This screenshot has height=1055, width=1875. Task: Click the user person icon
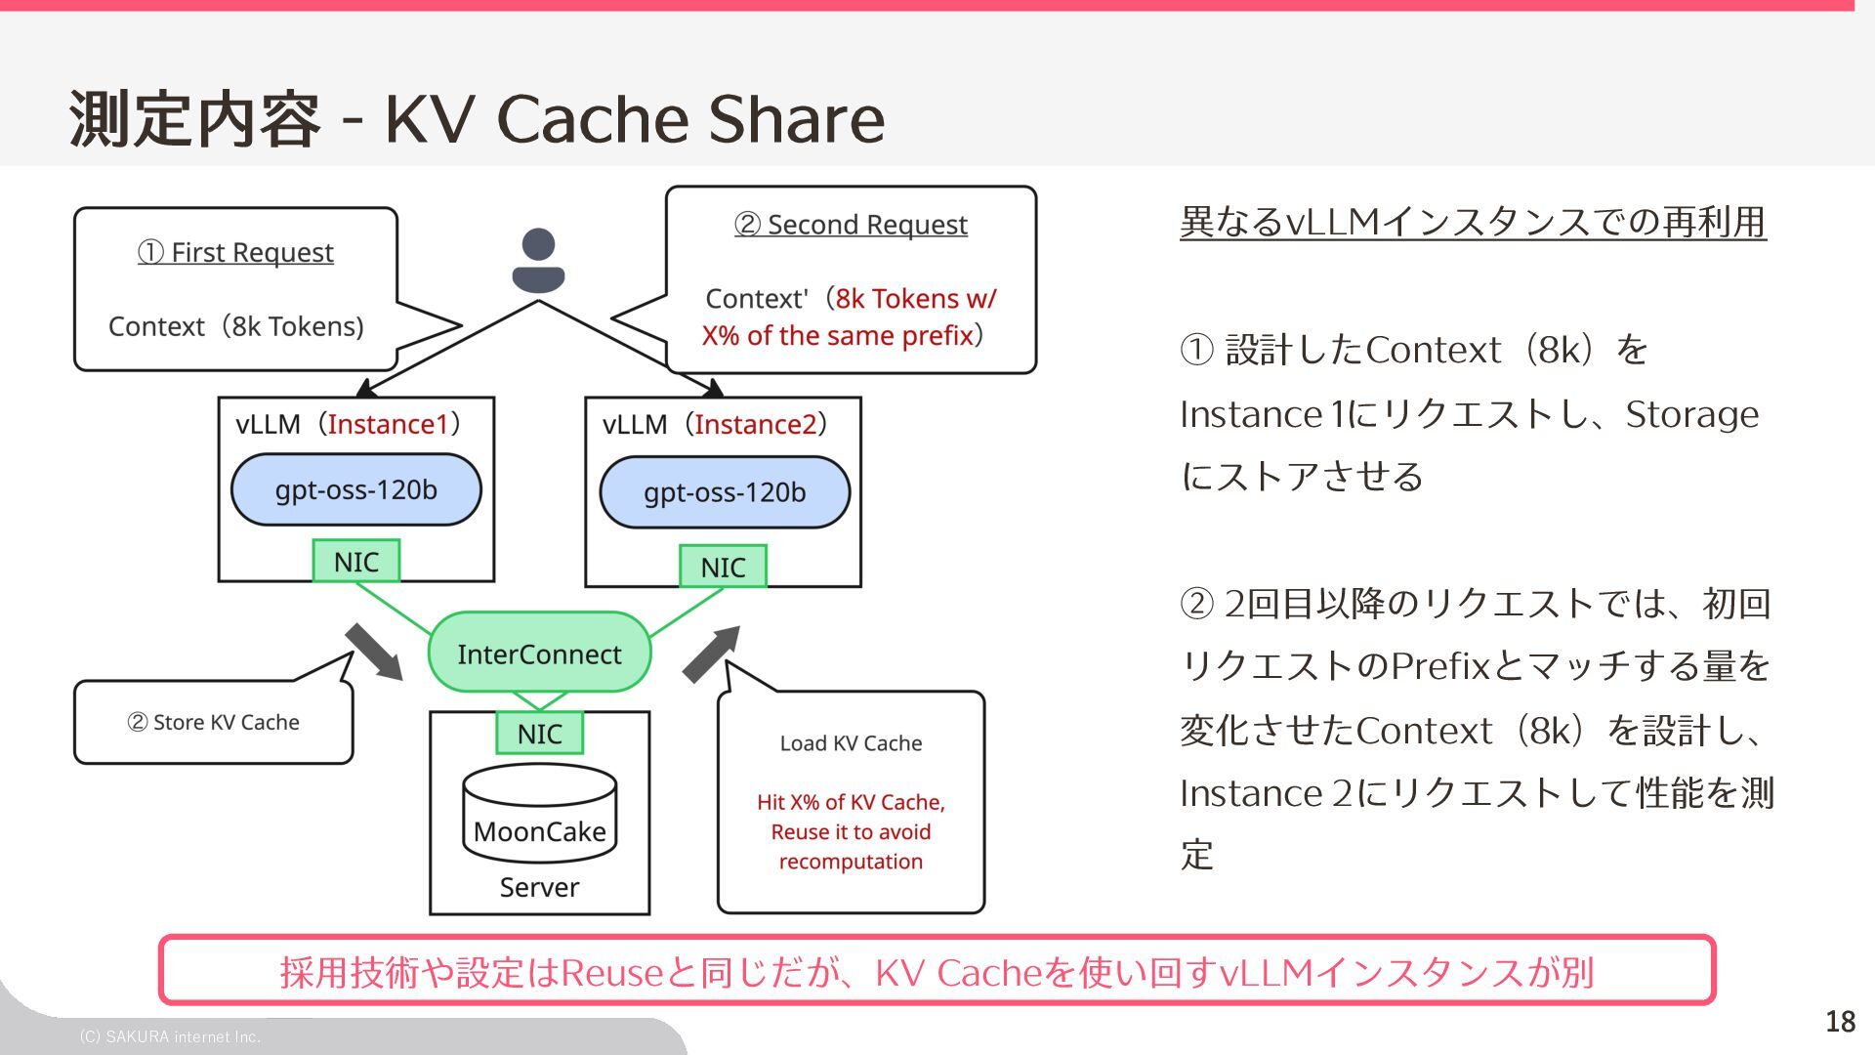(538, 261)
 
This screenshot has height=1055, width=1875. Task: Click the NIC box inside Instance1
(356, 562)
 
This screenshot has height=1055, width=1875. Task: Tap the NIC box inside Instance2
(723, 567)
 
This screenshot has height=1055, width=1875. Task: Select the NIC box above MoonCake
(539, 733)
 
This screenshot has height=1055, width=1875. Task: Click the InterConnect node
(539, 653)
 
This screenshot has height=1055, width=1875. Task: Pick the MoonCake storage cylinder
(539, 814)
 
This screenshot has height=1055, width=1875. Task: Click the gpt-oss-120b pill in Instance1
(356, 489)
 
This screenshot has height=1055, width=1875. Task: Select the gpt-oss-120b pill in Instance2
(725, 492)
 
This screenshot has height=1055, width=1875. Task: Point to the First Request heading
(235, 252)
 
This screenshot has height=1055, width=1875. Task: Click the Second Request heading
(851, 225)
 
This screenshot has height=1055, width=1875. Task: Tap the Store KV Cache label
(213, 722)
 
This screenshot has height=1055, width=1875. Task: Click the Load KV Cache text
(851, 743)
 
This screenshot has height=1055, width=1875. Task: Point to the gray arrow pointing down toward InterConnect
(374, 652)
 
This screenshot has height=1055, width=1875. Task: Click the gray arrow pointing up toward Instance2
(711, 654)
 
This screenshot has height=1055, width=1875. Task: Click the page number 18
(1840, 1022)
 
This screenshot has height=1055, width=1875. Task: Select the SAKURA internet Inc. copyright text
(170, 1036)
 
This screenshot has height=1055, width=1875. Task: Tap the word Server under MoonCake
(539, 887)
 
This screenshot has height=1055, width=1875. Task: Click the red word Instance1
(388, 424)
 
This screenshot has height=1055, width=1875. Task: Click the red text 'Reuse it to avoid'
(851, 832)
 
